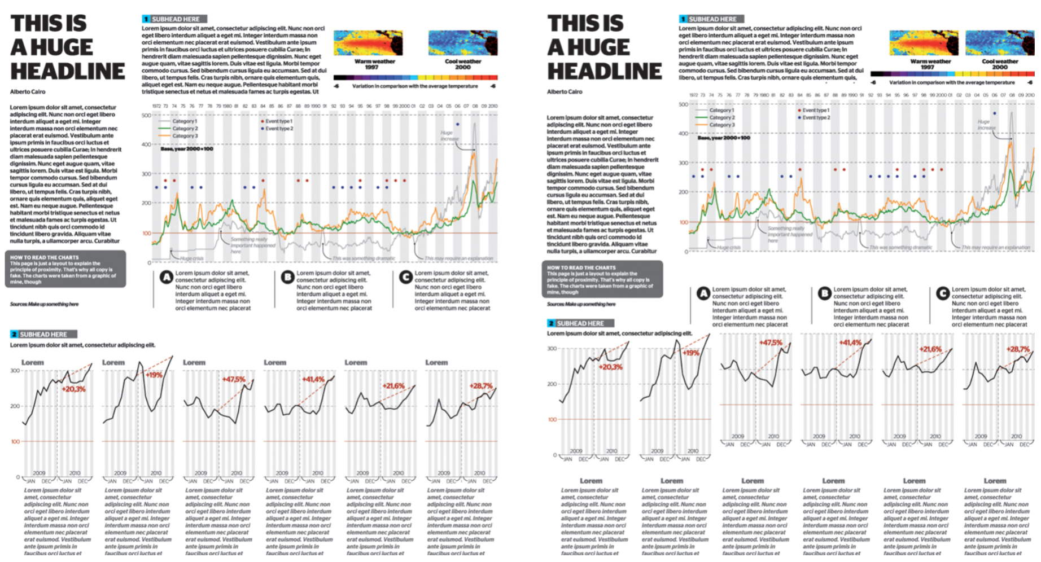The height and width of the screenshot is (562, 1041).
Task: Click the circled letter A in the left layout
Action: pos(166,278)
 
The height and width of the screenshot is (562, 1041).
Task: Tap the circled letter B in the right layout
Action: pos(824,293)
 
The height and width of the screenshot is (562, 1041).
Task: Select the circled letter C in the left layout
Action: pos(405,278)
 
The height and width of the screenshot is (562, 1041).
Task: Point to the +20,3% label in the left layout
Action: pos(73,389)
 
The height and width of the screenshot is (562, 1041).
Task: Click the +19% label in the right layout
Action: pos(691,353)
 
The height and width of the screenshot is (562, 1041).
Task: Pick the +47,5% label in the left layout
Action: pos(234,380)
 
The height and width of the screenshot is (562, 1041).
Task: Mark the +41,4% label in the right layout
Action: pos(850,343)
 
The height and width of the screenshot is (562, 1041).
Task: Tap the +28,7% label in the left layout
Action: pos(481,386)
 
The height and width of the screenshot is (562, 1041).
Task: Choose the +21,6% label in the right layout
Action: pos(930,349)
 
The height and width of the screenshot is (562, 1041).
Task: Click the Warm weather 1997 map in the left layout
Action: pos(368,43)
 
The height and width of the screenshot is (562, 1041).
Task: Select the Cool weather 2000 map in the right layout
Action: pos(1000,43)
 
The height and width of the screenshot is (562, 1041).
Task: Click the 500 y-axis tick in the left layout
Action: pos(146,116)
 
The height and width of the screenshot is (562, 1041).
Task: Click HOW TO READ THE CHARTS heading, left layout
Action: pos(44,257)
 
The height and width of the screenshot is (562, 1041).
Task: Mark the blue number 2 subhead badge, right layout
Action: pos(551,323)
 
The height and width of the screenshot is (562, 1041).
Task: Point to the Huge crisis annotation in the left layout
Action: pos(191,258)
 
